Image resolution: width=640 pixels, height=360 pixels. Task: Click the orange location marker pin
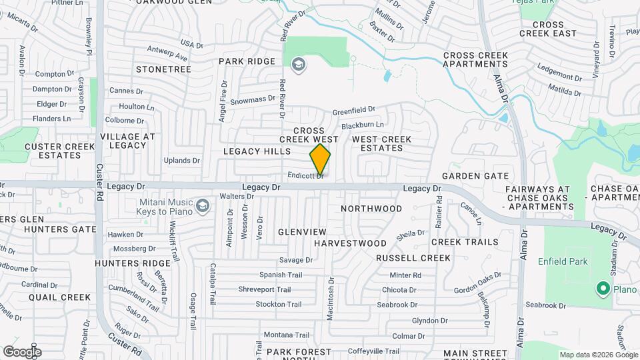point(320,159)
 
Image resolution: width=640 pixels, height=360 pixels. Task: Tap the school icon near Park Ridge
point(298,63)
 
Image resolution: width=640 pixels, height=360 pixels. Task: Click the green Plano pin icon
point(603,289)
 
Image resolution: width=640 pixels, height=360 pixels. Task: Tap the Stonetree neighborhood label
point(159,69)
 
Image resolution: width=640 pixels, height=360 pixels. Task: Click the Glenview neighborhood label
point(303,231)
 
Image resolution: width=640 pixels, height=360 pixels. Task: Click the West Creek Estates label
point(381,144)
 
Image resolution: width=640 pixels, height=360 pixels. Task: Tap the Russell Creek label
point(413,257)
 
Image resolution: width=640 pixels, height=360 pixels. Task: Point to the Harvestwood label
point(350,243)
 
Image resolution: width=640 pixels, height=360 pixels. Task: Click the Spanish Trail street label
point(281,275)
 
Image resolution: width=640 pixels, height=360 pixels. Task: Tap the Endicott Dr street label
point(305,175)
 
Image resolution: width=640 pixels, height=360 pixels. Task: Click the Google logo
point(22,351)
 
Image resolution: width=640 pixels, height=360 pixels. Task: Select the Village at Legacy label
point(127,141)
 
